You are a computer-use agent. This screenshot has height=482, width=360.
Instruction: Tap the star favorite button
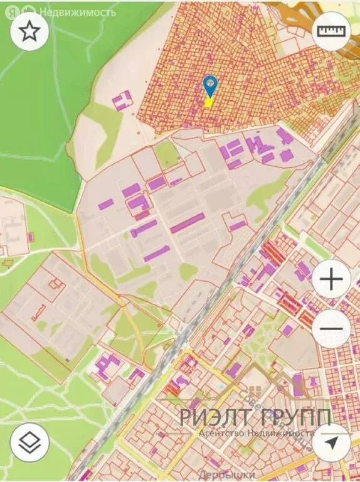click(x=29, y=31)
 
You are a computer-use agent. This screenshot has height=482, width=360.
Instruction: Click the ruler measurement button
click(x=332, y=31)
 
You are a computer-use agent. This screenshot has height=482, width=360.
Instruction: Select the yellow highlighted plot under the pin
click(x=209, y=102)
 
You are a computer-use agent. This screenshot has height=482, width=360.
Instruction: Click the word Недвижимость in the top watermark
click(x=77, y=11)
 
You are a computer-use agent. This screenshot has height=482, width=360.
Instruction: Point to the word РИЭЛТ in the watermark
click(x=215, y=417)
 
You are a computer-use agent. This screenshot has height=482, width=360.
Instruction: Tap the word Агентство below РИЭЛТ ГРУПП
click(x=225, y=434)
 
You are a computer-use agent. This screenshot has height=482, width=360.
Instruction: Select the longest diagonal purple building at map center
click(x=188, y=222)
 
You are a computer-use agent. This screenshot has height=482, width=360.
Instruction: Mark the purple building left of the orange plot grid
click(x=122, y=100)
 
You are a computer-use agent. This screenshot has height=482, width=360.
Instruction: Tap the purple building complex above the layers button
click(x=108, y=365)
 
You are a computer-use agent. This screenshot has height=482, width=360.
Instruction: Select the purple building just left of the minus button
click(x=287, y=329)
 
